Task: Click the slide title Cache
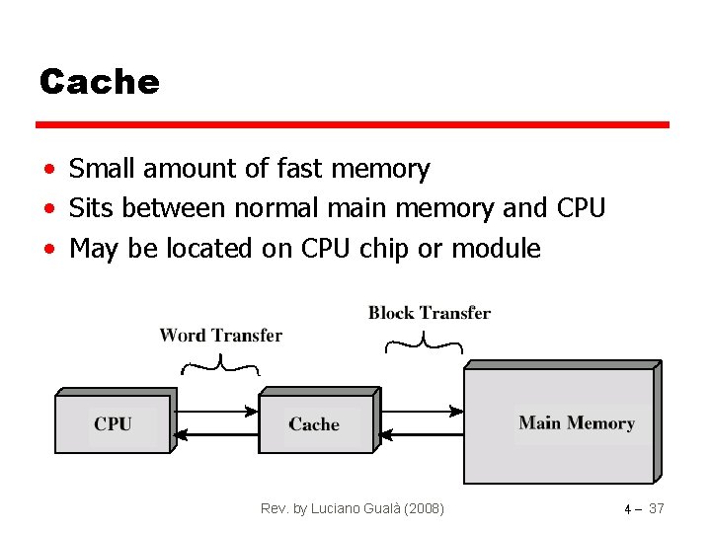point(99,82)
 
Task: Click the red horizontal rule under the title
point(353,125)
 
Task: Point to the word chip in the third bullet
point(383,249)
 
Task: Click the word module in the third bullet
point(496,249)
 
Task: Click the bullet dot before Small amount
point(48,171)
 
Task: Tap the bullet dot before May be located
point(48,250)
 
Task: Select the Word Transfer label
point(220,336)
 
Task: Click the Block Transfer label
point(429,313)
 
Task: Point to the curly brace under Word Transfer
point(220,369)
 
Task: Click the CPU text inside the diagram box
point(114,423)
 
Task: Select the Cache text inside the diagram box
point(314,424)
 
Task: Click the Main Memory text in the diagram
point(577,422)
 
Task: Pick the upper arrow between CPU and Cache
point(217,411)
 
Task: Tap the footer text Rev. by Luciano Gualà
point(352,508)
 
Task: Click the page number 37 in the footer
point(656,508)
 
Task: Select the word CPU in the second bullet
point(581,208)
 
